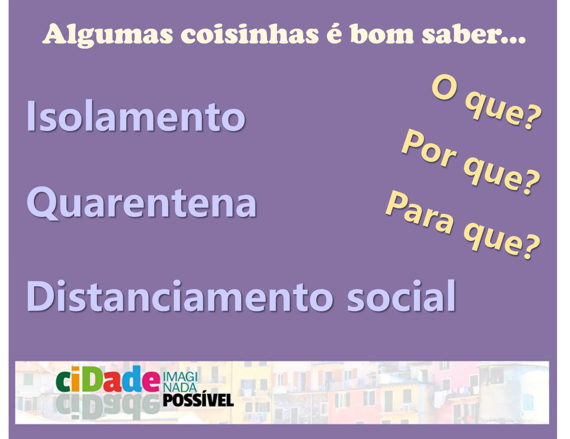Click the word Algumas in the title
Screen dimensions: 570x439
click(x=108, y=35)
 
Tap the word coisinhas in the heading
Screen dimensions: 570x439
click(x=249, y=34)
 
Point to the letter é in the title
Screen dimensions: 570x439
click(x=335, y=34)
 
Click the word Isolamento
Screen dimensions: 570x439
click(x=136, y=116)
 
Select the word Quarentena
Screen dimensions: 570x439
click(x=142, y=204)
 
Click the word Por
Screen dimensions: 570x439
click(x=429, y=149)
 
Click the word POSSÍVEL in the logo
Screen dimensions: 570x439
click(x=198, y=400)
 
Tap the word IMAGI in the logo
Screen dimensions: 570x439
click(x=180, y=377)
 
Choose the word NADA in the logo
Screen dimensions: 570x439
click(x=180, y=387)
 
